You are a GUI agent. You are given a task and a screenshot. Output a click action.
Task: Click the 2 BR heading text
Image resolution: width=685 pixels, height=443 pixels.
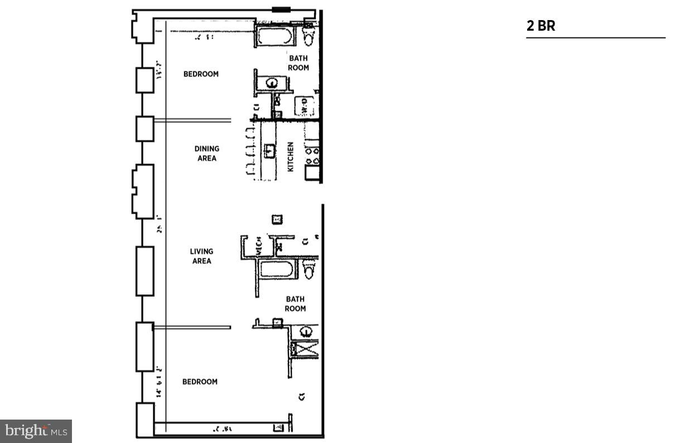[541, 26]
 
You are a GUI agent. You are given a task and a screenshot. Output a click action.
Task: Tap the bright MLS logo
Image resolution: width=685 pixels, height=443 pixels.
[36, 431]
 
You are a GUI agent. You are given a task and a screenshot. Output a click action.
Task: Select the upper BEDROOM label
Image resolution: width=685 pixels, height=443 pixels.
[201, 74]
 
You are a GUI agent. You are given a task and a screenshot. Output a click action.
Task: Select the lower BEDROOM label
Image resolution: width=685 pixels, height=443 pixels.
[200, 382]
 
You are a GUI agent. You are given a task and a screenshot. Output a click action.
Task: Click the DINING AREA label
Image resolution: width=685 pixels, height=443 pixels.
[206, 153]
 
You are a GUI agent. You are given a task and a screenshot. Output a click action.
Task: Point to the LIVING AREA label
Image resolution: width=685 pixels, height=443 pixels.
[201, 256]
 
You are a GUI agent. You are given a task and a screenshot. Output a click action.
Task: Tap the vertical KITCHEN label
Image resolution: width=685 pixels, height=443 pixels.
[290, 156]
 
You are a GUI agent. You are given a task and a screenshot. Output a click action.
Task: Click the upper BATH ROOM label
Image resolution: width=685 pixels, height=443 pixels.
[298, 63]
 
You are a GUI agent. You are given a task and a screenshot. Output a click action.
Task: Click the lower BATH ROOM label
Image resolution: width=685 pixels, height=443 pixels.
[295, 304]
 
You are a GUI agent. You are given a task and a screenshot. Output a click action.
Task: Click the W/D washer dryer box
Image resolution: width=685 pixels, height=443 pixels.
[304, 106]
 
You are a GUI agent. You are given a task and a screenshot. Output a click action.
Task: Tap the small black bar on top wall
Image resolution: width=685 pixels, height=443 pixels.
[281, 9]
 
